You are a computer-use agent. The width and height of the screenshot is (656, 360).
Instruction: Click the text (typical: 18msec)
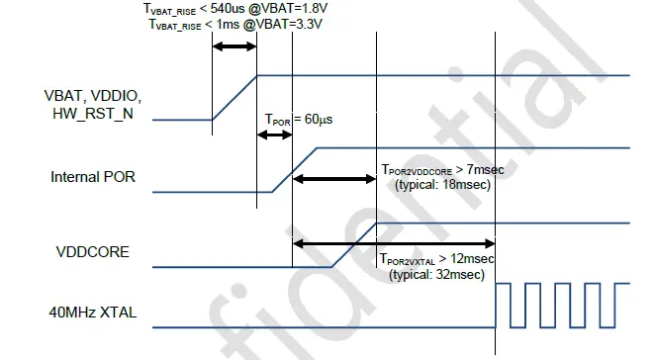440,184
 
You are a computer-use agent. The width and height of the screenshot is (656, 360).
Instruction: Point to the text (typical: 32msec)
440,274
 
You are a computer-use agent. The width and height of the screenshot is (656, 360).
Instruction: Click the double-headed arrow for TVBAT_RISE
234,46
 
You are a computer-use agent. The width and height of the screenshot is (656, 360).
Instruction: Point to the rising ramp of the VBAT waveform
234,97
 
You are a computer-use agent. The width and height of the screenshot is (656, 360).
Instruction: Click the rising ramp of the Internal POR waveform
294,169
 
